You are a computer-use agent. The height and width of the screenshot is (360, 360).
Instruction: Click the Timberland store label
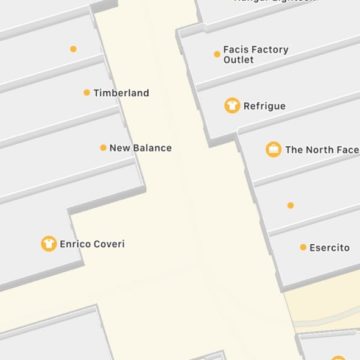point(121,93)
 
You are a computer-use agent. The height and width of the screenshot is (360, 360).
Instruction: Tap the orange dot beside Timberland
point(87,93)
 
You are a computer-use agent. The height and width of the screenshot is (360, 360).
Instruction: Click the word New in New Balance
point(120,148)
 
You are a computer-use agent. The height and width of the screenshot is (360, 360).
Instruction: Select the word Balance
point(153,148)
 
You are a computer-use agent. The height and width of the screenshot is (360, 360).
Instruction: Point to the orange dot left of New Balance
point(103,148)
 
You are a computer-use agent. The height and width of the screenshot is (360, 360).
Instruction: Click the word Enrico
point(76,244)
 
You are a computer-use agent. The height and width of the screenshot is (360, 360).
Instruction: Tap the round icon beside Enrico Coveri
point(47,243)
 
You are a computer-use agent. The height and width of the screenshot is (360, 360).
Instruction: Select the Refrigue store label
point(264,106)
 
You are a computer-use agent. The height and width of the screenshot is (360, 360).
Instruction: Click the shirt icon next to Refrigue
point(232,105)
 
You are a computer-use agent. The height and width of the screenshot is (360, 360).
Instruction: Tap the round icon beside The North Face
point(273,149)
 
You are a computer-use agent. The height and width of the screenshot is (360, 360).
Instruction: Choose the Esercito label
point(329,247)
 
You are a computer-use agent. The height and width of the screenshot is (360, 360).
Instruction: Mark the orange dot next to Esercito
point(303,247)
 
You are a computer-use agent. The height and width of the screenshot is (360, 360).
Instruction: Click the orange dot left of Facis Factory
point(217,54)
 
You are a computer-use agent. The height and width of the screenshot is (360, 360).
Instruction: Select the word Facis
point(237,49)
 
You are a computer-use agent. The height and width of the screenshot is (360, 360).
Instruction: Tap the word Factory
point(271,49)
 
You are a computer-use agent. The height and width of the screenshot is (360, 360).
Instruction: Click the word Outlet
point(239,60)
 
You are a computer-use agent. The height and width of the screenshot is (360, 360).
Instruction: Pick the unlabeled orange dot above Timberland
point(73,48)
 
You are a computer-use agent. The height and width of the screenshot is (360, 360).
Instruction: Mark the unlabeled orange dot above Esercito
point(290,205)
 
